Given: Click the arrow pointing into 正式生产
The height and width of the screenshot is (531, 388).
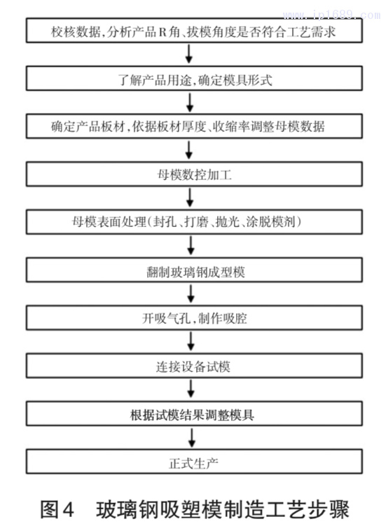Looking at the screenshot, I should pyautogui.click(x=191, y=439).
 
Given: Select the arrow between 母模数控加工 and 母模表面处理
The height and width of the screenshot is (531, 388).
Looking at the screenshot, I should pyautogui.click(x=191, y=199).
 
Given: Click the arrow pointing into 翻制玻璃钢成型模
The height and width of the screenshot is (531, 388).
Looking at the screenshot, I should pyautogui.click(x=191, y=247).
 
